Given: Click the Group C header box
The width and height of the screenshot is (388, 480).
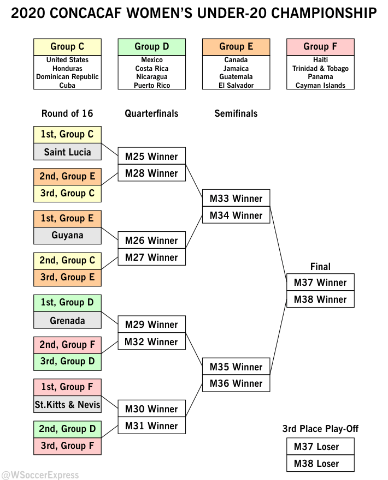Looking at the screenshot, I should [x=67, y=47].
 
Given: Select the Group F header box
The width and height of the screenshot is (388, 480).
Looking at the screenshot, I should [x=320, y=47].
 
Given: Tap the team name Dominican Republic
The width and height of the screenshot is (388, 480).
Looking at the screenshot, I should [x=67, y=77].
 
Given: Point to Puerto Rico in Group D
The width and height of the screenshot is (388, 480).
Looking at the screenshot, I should [x=151, y=86].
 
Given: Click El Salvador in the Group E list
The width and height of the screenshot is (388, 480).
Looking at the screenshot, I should [x=236, y=86].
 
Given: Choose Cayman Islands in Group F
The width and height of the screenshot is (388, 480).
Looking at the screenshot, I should [x=320, y=86].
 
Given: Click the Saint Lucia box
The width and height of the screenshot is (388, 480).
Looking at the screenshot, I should [x=67, y=152].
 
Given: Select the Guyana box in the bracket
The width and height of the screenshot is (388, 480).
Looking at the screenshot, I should [x=67, y=236].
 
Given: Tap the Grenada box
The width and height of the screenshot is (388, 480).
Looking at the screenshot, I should [x=67, y=321].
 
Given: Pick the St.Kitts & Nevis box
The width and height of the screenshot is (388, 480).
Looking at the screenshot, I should [x=67, y=405].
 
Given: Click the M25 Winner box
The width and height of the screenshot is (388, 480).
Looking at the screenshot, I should [x=151, y=157].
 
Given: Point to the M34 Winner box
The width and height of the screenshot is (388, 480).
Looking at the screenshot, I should [x=236, y=215].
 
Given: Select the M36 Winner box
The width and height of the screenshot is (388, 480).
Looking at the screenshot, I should [x=236, y=383].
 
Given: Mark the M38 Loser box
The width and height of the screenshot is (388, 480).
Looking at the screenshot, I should [x=320, y=464].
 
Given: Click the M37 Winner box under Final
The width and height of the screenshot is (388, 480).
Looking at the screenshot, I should [x=320, y=283].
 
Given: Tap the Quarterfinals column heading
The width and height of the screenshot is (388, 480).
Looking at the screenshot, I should [x=151, y=113].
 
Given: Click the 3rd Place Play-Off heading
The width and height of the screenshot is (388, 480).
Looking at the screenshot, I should [x=320, y=429].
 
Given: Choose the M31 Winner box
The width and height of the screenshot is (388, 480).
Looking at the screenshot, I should [x=151, y=426].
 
